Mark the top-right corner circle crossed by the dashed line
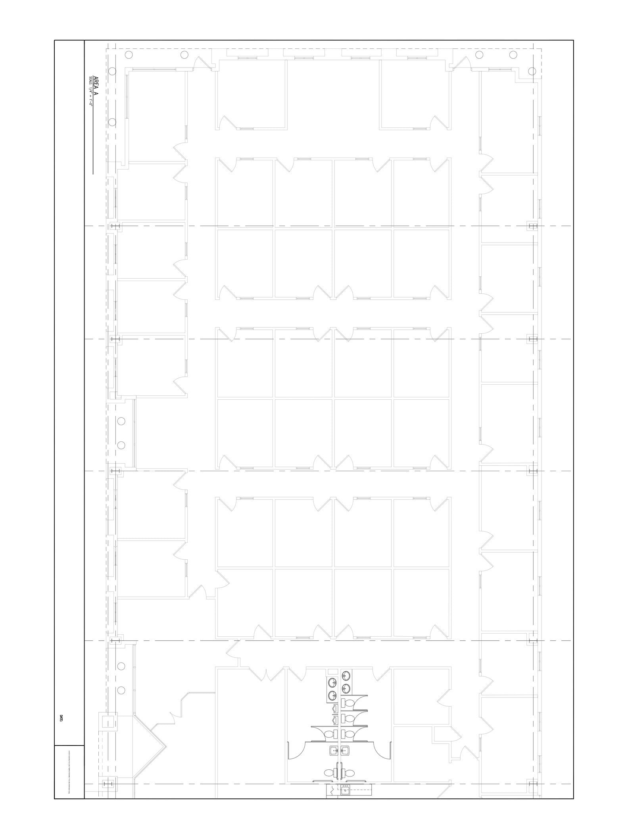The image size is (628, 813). tap(532, 71)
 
